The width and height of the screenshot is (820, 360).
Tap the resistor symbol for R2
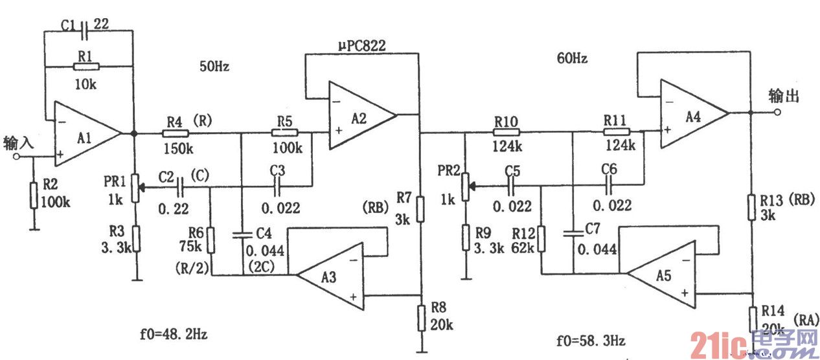point(33,196)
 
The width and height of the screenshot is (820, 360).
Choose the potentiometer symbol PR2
point(465,186)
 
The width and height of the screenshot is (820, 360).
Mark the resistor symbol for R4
point(175,133)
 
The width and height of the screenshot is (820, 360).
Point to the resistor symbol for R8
point(420,317)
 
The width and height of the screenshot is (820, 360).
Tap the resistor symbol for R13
point(751,205)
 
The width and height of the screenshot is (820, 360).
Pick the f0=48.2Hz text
point(174,335)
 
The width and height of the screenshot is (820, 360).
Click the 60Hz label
point(572,58)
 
